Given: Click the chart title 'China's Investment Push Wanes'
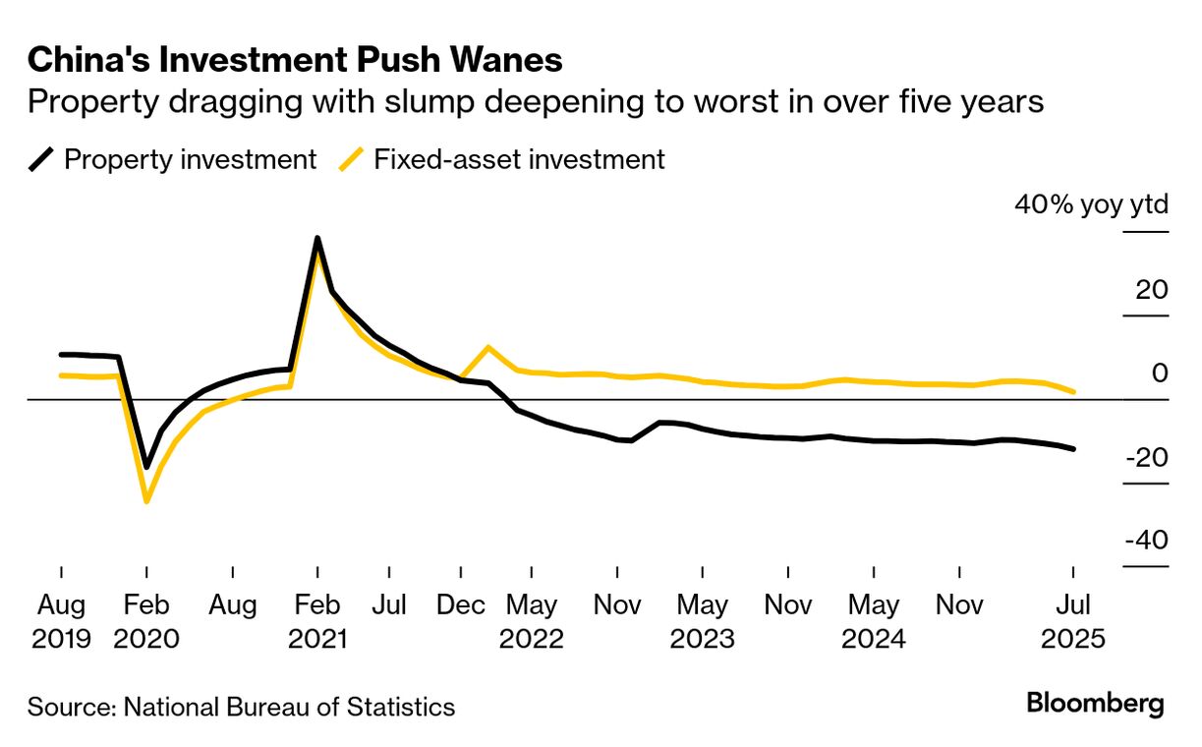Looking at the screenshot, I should point(295,60).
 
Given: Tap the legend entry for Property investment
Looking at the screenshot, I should point(172,159).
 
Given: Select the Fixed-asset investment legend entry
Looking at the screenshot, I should point(502,159).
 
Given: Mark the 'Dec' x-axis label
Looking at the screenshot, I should point(460,604).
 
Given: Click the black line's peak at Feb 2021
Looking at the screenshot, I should point(317,238).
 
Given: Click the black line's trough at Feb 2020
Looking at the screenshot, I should point(146,467).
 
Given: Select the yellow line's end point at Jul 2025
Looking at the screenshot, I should point(1073,392).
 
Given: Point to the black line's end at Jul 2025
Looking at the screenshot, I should point(1073,449).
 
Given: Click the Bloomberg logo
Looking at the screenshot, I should point(1095,704).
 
